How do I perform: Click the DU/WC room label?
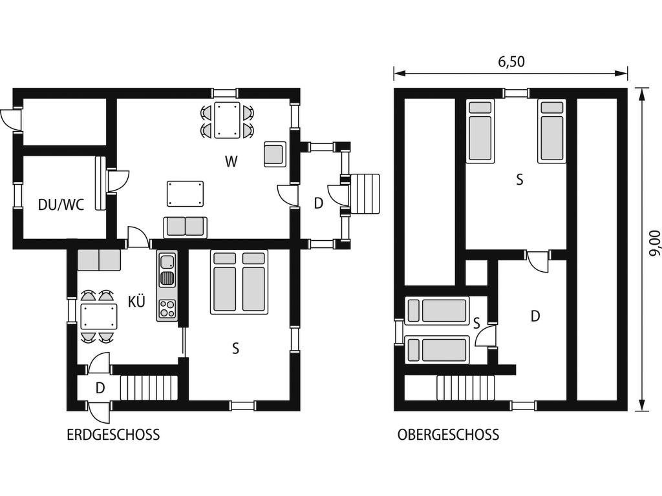pos(61,205)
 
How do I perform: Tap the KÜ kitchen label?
pos(136,301)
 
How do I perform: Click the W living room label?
pos(231,161)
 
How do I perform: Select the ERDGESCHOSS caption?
pos(113,435)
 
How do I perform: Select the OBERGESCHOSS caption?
pos(448,435)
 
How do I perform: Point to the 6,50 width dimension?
pos(511,61)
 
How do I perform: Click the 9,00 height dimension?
pos(654,243)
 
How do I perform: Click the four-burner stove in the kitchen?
pos(167,308)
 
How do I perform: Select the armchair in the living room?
pos(275,154)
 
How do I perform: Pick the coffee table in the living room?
pos(186,194)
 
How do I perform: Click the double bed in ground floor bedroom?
pos(239,282)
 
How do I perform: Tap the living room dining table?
pos(227,119)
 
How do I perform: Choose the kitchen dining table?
pos(99,316)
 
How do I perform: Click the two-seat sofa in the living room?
pos(186,227)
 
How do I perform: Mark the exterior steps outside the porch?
pos(365,194)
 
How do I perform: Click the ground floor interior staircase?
pos(149,387)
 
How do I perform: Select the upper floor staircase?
pos(465,387)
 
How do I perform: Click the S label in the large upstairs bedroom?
pos(520,180)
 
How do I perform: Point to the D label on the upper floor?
pos(535,316)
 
